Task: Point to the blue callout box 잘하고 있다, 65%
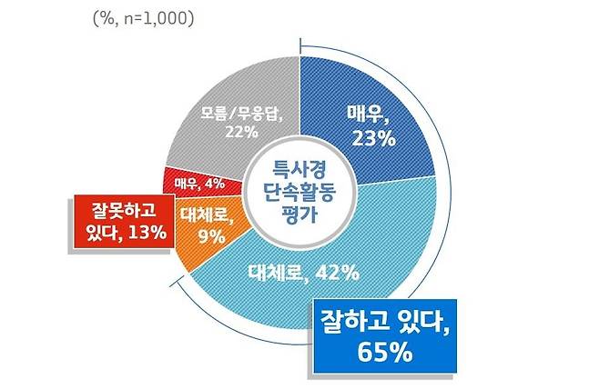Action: pos(382,336)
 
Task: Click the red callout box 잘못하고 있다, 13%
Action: pos(121,221)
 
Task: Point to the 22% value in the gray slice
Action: pos(236,133)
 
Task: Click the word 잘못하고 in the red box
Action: pos(121,210)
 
